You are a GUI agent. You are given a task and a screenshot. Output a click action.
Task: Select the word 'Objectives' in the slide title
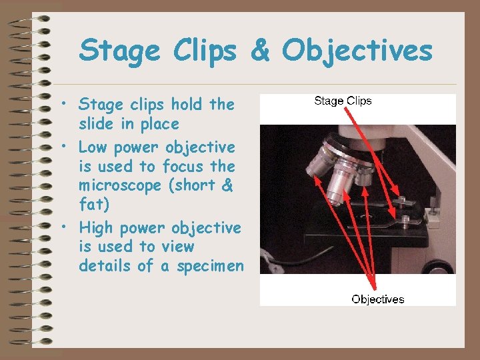(357, 51)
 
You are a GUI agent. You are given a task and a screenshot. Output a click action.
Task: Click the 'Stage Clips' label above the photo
(343, 101)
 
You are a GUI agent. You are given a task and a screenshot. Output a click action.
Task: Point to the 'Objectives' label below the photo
(378, 299)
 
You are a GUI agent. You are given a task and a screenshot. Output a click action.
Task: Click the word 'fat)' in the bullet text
(95, 205)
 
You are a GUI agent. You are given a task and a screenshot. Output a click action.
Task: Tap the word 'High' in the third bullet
(96, 228)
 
